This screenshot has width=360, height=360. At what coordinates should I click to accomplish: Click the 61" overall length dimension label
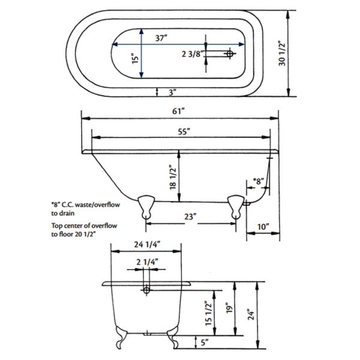click(179, 112)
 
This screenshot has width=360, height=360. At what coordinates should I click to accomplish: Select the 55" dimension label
click(184, 132)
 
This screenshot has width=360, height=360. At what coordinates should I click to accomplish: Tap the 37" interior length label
click(161, 38)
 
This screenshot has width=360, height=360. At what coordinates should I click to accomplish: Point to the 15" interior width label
click(136, 58)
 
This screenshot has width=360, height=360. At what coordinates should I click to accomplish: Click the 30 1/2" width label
click(282, 53)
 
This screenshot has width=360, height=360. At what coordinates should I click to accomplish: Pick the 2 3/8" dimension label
click(193, 54)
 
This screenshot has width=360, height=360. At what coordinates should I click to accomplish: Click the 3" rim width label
click(173, 92)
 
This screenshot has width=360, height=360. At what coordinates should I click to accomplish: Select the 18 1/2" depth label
click(173, 177)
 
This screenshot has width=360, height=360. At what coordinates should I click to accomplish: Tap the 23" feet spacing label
click(190, 217)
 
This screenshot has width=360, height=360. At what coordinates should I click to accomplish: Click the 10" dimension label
click(263, 227)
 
